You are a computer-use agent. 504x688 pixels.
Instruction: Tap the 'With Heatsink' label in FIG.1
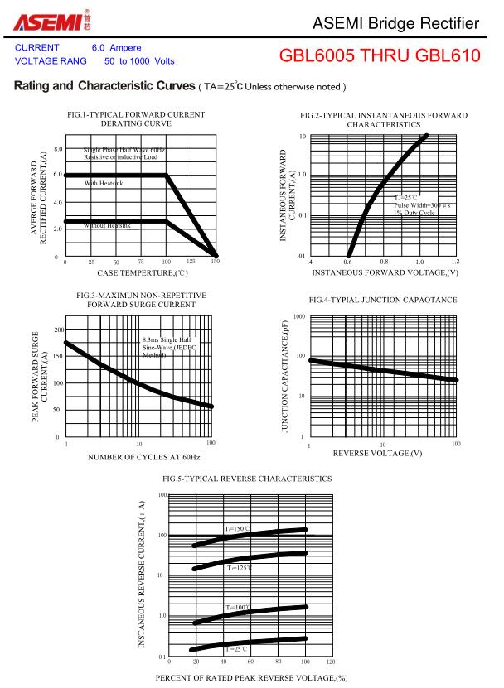click(x=104, y=183)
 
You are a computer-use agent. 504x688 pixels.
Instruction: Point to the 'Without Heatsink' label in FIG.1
click(x=107, y=225)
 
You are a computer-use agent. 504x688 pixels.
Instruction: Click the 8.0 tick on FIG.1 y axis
click(x=58, y=149)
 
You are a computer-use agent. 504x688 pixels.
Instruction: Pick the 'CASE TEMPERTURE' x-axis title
click(x=143, y=272)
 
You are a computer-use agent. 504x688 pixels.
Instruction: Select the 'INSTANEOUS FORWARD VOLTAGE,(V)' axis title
click(x=385, y=272)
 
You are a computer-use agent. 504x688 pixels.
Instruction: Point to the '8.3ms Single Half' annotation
click(x=167, y=339)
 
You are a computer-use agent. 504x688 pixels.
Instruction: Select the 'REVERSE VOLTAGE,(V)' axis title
click(x=377, y=453)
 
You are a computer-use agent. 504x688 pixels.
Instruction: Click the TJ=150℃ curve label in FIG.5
click(x=236, y=528)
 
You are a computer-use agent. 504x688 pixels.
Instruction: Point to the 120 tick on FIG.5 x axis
click(x=331, y=662)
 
